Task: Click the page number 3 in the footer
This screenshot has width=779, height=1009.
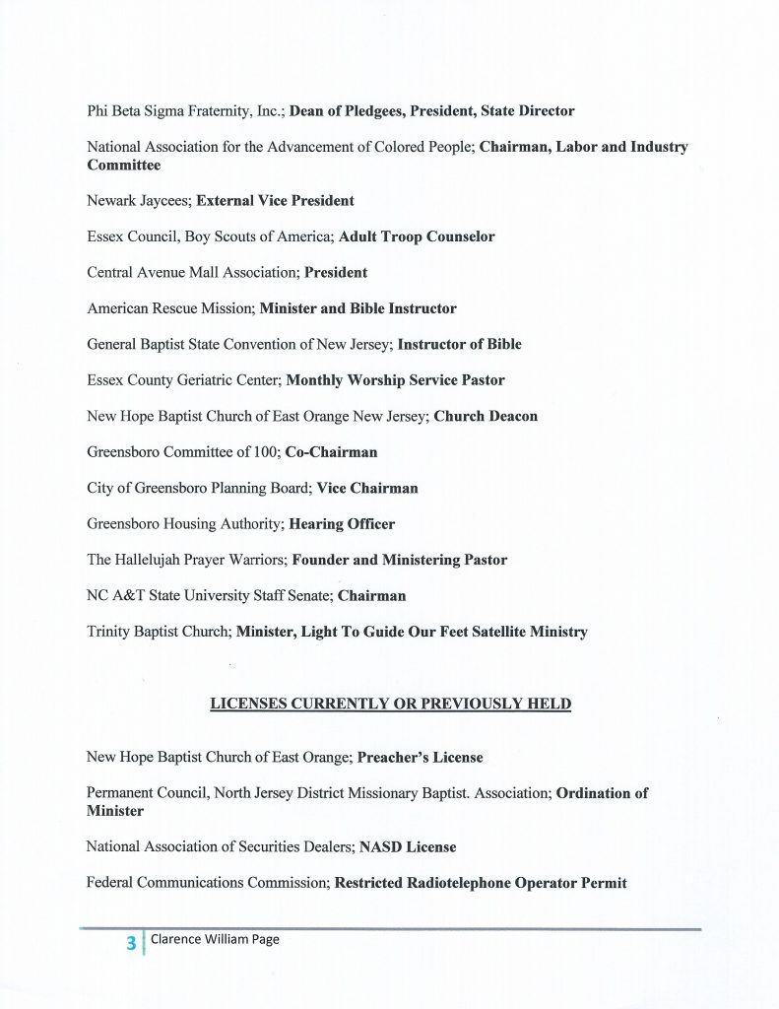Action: coord(130,943)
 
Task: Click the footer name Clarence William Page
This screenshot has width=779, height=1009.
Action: coord(215,940)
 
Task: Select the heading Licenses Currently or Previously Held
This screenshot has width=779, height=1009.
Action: coord(390,705)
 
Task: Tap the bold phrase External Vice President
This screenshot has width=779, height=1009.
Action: coord(275,201)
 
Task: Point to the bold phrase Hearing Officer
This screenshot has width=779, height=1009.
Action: coord(342,524)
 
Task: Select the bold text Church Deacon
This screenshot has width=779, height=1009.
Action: coord(486,416)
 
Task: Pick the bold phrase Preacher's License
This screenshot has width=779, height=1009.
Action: coord(420,758)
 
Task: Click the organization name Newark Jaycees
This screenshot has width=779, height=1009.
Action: coord(137,201)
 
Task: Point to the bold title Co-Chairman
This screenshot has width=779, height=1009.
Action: coord(331,452)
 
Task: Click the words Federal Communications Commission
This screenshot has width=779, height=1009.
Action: coord(206,883)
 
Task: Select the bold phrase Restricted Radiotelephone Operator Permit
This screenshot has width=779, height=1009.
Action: coord(481,883)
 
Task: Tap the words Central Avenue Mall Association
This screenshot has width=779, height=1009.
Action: coord(191,273)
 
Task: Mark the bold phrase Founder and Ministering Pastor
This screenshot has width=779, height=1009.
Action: coord(400,560)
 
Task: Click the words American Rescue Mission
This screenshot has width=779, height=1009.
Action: coord(168,308)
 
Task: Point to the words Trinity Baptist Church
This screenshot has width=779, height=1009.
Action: coord(157,632)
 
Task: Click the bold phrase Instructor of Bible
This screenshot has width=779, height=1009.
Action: coord(460,345)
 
